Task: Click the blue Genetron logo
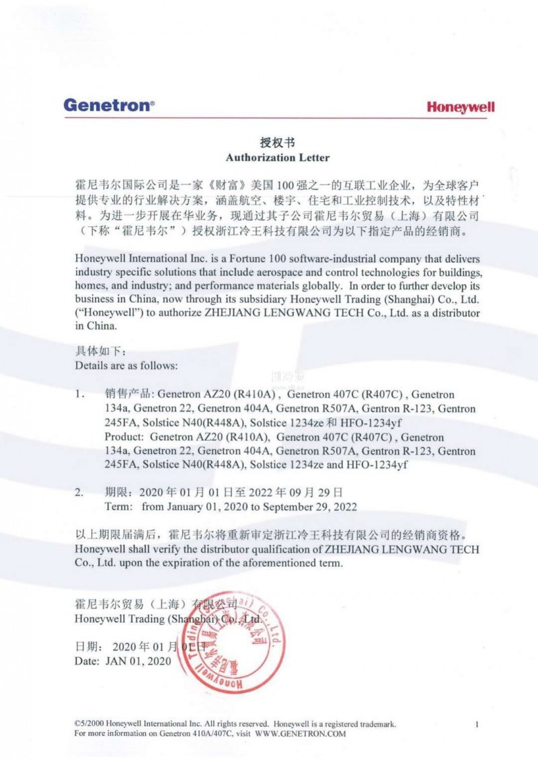(109, 105)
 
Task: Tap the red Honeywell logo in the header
(461, 108)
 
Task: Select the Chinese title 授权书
(277, 143)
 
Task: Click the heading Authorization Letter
(277, 157)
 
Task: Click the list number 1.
(79, 394)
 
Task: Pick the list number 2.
(79, 493)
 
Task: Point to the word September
(286, 507)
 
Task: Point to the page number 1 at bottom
(476, 725)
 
